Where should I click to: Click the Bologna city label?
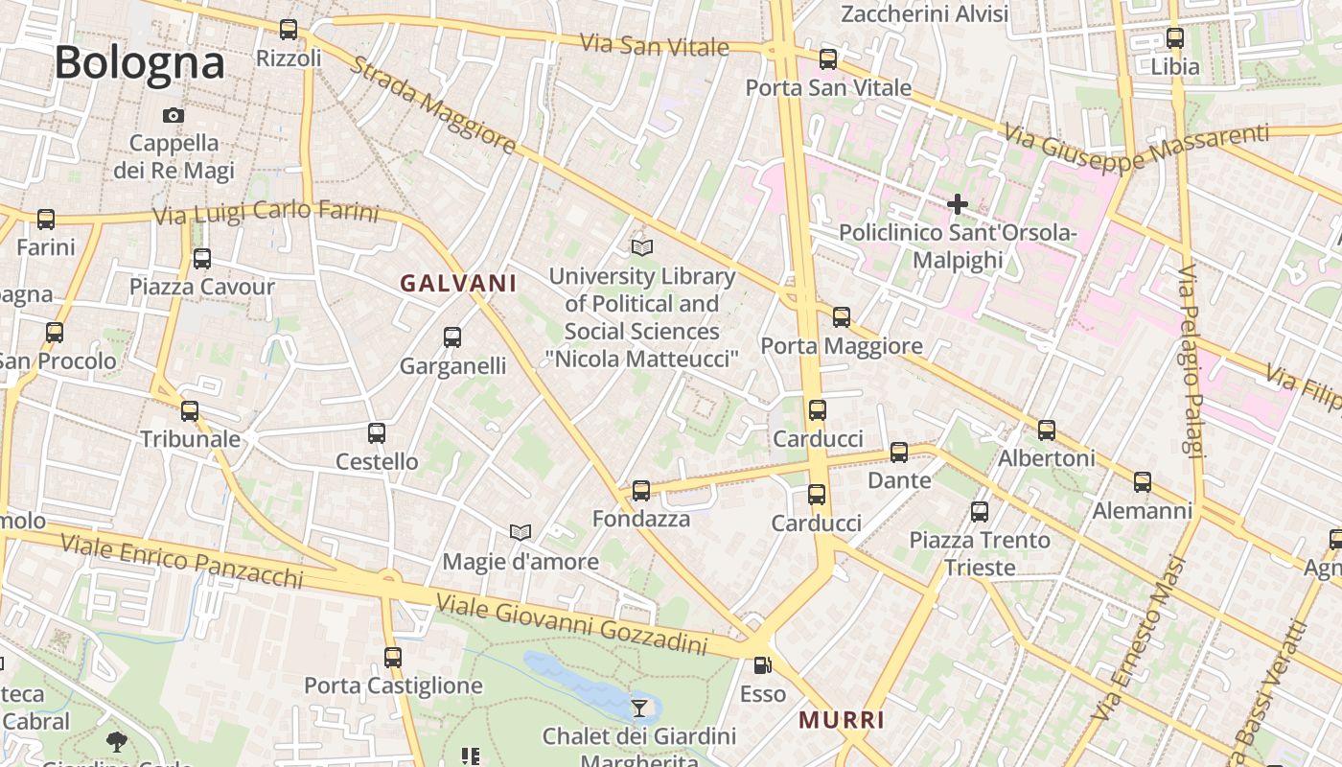tap(139, 63)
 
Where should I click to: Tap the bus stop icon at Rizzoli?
tap(289, 30)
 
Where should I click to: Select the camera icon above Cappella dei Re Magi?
tap(174, 115)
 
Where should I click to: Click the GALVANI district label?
tap(458, 283)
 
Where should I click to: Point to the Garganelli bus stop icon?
tap(452, 337)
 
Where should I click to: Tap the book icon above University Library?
tap(642, 248)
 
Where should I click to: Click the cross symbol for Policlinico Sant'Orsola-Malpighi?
tap(957, 204)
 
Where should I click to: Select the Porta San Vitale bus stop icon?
tap(828, 59)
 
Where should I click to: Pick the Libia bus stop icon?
tap(1175, 39)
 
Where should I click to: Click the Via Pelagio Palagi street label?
tap(1190, 361)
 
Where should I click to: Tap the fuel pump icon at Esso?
tap(762, 664)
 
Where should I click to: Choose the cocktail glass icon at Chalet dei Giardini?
tap(639, 709)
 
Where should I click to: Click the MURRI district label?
tap(842, 720)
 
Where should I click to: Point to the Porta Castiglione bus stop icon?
tap(393, 658)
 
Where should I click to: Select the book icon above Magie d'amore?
tap(521, 532)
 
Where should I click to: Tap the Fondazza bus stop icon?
tap(641, 491)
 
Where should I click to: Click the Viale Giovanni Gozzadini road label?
tap(571, 624)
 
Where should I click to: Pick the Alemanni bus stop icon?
tap(1143, 482)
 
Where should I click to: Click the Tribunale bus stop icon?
tap(190, 411)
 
